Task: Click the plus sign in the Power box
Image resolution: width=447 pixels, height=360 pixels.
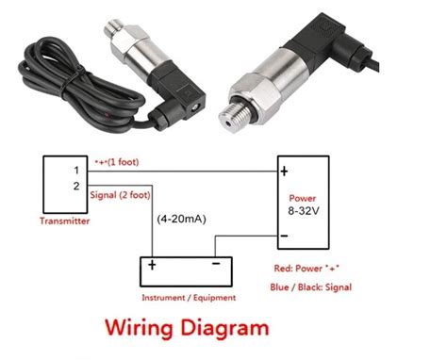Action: [x=284, y=172]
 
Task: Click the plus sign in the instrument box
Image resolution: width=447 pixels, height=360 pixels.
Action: [x=150, y=267]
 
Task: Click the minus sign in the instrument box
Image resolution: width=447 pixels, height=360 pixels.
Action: [x=216, y=266]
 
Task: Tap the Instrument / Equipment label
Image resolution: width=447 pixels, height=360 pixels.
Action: [x=189, y=297]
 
